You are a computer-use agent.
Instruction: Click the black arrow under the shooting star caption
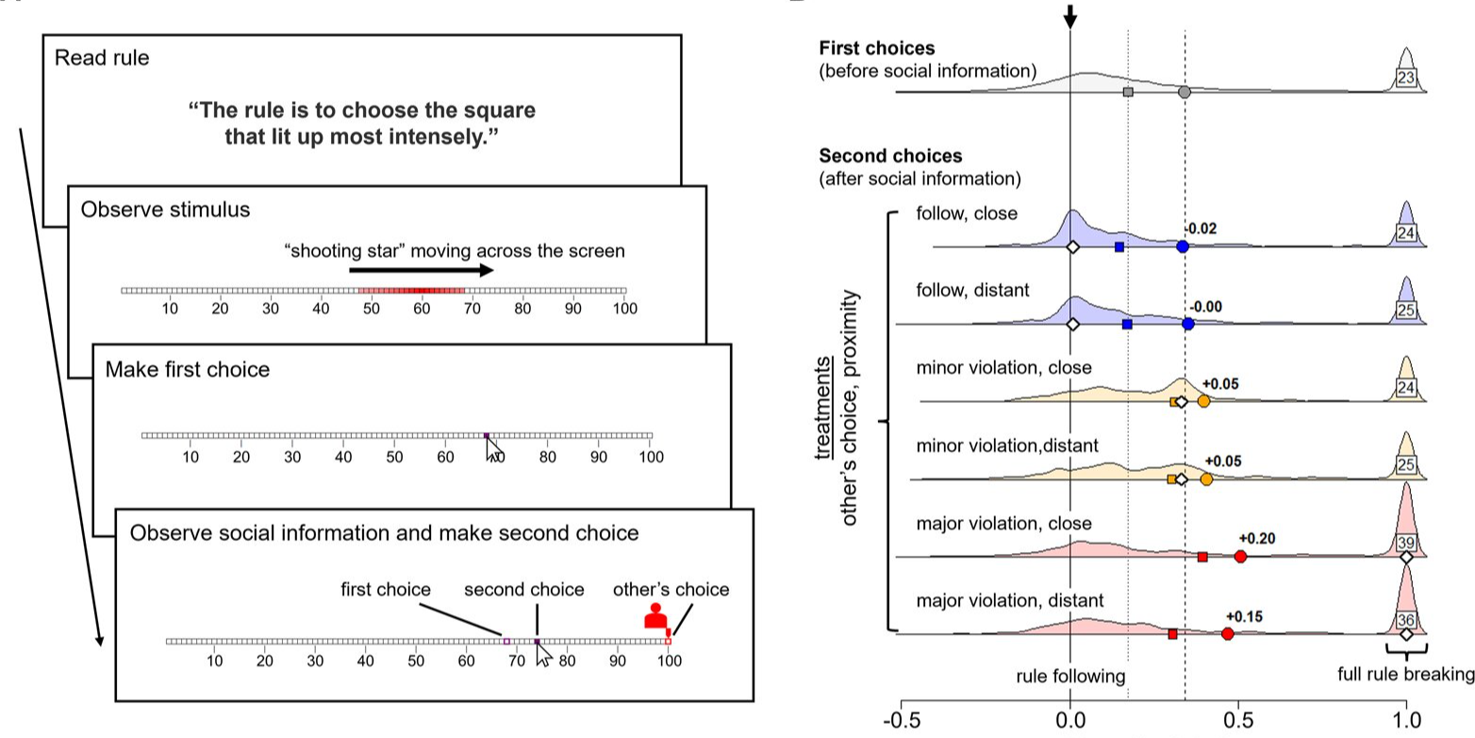coord(422,270)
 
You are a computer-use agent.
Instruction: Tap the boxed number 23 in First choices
coord(1406,77)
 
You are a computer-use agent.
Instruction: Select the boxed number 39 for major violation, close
coord(1406,543)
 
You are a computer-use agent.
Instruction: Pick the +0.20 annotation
coord(1257,539)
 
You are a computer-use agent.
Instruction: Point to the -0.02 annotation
coord(1201,228)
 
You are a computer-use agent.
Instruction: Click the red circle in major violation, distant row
coord(1227,634)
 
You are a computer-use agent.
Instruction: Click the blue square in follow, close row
coord(1119,247)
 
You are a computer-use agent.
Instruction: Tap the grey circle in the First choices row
coord(1184,92)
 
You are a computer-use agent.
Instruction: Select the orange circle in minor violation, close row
coord(1203,401)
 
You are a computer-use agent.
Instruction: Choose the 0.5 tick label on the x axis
coord(1238,721)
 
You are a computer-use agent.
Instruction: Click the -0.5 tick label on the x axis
coord(902,721)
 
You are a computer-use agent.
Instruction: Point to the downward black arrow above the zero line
coord(1070,16)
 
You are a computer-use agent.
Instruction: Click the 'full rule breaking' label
coord(1406,674)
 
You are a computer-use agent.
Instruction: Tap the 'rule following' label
coord(1070,676)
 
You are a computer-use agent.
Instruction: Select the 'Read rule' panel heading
coord(102,58)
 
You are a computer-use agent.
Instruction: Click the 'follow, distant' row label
coord(972,291)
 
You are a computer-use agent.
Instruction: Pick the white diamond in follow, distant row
coord(1072,325)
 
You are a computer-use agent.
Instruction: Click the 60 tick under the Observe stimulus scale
coord(422,309)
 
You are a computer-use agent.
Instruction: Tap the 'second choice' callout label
coord(524,589)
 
